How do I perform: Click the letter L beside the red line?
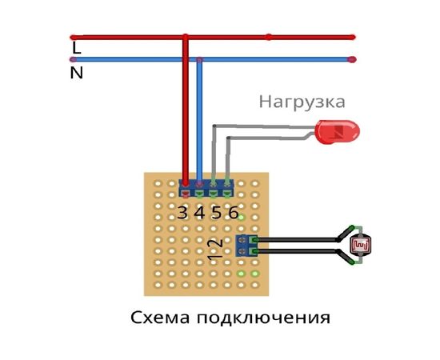(x=76, y=48)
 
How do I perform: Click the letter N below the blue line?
(x=77, y=72)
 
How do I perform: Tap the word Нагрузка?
(x=302, y=102)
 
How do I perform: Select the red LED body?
(x=337, y=131)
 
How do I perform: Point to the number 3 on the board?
(x=182, y=213)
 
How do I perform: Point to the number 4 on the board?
(x=199, y=213)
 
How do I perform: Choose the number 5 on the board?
(x=216, y=213)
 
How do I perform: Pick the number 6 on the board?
(x=233, y=213)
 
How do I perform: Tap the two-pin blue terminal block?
(x=246, y=245)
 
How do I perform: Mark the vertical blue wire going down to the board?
(x=199, y=120)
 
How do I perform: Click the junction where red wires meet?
(x=186, y=37)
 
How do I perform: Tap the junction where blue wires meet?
(x=199, y=59)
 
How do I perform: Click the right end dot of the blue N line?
(x=352, y=59)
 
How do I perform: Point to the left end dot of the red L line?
(x=73, y=37)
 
